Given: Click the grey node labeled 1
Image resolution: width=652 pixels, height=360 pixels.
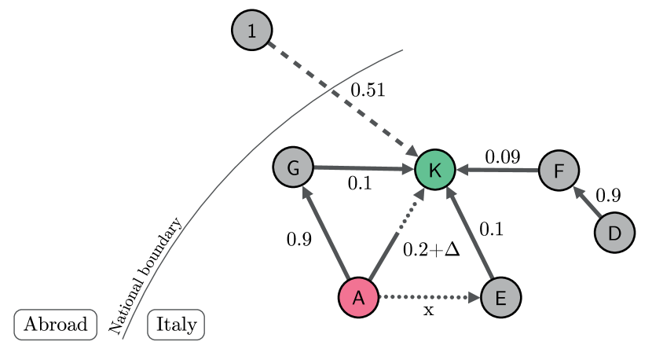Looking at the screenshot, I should tap(252, 31).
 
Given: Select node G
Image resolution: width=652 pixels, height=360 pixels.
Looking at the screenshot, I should tap(293, 168).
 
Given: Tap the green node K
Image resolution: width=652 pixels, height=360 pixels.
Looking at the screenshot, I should tap(435, 170).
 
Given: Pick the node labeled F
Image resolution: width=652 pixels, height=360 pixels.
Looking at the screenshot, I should tap(559, 171).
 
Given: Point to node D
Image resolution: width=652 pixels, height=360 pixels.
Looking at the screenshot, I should tap(614, 233).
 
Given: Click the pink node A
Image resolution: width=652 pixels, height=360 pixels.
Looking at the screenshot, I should tap(358, 298).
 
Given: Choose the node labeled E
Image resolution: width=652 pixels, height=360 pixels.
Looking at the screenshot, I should tap(500, 298).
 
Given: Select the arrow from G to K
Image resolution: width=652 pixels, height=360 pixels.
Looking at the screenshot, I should tap(361, 167).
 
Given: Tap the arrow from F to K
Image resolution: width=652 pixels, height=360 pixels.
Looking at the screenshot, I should tap(499, 170).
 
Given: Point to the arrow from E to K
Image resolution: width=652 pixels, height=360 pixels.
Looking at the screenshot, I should tap(470, 236).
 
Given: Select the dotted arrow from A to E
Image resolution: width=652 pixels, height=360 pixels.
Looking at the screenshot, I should tap(428, 298).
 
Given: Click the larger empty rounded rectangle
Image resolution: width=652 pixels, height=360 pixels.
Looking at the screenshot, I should tap(55, 325).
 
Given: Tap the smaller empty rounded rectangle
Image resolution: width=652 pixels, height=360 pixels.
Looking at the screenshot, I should tap(176, 325).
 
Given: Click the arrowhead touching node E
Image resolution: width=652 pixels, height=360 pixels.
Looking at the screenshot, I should tap(475, 298).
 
